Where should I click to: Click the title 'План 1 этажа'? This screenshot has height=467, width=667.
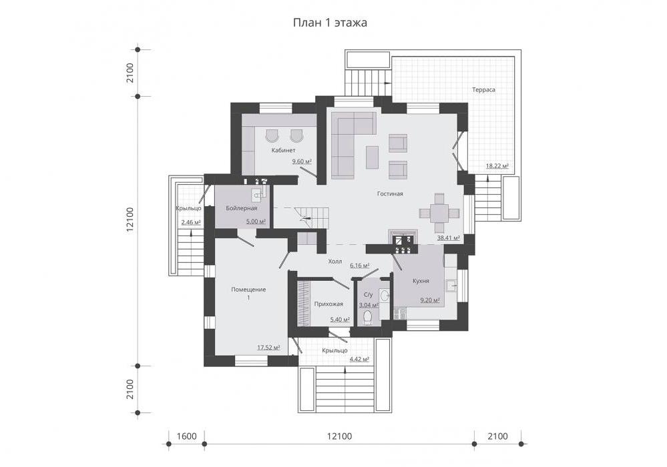(x=330, y=23)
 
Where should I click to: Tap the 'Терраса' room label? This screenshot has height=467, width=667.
(x=483, y=89)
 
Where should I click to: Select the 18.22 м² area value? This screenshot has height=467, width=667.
(x=497, y=166)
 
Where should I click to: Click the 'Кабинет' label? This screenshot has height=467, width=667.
(x=283, y=150)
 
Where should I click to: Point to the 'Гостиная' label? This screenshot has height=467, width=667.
(x=390, y=193)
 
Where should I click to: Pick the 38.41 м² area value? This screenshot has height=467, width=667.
(x=449, y=238)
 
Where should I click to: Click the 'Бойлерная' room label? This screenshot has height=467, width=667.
(x=241, y=208)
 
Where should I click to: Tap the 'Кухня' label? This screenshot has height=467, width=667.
(x=421, y=281)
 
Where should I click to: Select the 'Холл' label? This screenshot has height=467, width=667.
(x=335, y=262)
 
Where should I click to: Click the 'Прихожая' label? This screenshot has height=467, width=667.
(x=328, y=304)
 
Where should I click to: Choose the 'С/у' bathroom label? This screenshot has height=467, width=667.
(x=369, y=294)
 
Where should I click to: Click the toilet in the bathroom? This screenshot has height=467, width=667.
(x=367, y=318)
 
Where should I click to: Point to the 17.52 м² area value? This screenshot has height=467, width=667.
(x=268, y=348)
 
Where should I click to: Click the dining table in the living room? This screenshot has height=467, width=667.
(x=439, y=212)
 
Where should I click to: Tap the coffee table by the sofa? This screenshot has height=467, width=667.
(x=372, y=157)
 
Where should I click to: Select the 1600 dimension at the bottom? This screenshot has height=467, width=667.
(x=186, y=436)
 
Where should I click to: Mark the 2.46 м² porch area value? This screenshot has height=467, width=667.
(x=190, y=222)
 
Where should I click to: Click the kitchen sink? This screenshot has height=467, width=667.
(x=451, y=286)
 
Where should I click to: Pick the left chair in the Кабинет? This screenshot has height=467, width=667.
(x=271, y=135)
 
